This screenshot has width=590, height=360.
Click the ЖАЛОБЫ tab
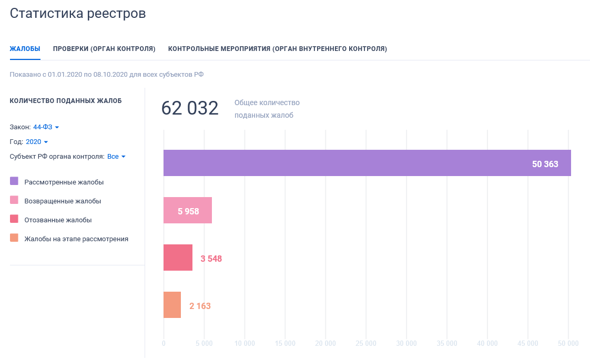tap(25, 49)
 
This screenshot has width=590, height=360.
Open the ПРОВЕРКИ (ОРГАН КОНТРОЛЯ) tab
tap(104, 49)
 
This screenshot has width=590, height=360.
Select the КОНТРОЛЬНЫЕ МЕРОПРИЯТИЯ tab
tap(277, 49)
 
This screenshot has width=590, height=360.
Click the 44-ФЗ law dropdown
tap(46, 127)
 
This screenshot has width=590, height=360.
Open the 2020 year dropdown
tap(37, 142)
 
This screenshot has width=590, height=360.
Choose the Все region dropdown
tap(116, 157)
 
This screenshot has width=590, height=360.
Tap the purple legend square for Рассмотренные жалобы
tap(14, 181)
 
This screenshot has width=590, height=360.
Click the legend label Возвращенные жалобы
tap(63, 201)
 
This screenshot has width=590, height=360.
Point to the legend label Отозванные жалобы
tap(58, 220)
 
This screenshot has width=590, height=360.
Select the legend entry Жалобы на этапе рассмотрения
tap(76, 239)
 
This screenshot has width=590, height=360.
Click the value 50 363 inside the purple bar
tap(545, 164)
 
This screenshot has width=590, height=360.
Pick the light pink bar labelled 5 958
tap(188, 210)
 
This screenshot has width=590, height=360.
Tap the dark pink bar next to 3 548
tap(178, 258)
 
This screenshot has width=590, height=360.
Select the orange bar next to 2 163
tap(172, 305)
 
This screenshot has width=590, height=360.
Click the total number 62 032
tap(190, 108)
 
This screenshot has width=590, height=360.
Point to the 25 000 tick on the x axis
tap(366, 344)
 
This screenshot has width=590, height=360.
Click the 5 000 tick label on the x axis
tap(204, 344)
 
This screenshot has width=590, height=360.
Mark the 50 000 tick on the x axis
tap(568, 344)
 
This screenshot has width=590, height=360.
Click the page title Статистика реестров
tap(78, 13)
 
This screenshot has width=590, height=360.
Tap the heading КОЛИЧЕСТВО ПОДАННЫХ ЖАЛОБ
tap(66, 101)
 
